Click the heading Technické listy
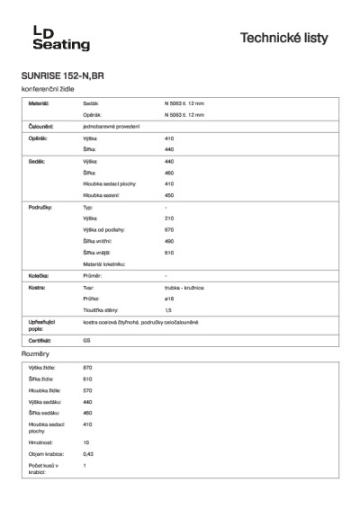[290, 38]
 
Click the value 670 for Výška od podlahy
[168, 230]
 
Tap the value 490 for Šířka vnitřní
[168, 241]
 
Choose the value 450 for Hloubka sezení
[168, 194]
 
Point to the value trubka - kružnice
[184, 287]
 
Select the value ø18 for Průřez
[168, 298]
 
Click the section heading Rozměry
[34, 355]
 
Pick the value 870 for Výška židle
[87, 369]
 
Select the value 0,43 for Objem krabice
[88, 454]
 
